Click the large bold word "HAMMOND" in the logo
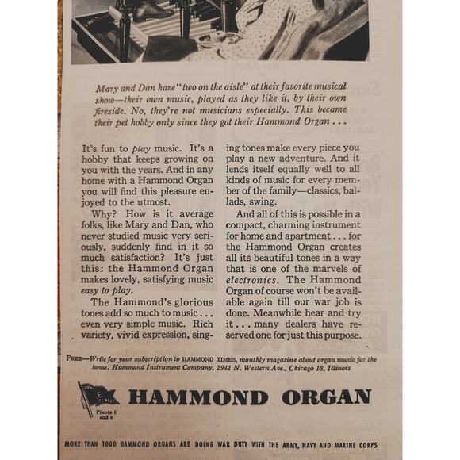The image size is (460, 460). click(197, 397)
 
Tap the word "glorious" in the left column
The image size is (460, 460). click(193, 301)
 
